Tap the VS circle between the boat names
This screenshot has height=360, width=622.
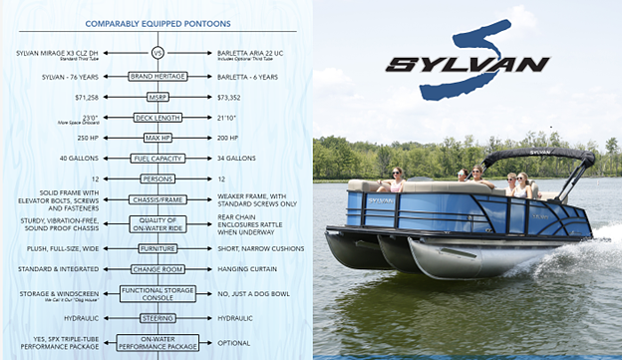coord(156,53)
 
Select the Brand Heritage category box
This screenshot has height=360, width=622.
coord(157,76)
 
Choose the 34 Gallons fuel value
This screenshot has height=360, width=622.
coord(236,158)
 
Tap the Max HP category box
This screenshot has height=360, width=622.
coord(157,137)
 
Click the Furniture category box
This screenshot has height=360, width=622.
coord(157,248)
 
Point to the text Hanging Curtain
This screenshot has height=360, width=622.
coord(246,269)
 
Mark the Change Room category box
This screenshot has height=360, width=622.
coord(157,269)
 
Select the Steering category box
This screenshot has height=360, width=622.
coord(157,318)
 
